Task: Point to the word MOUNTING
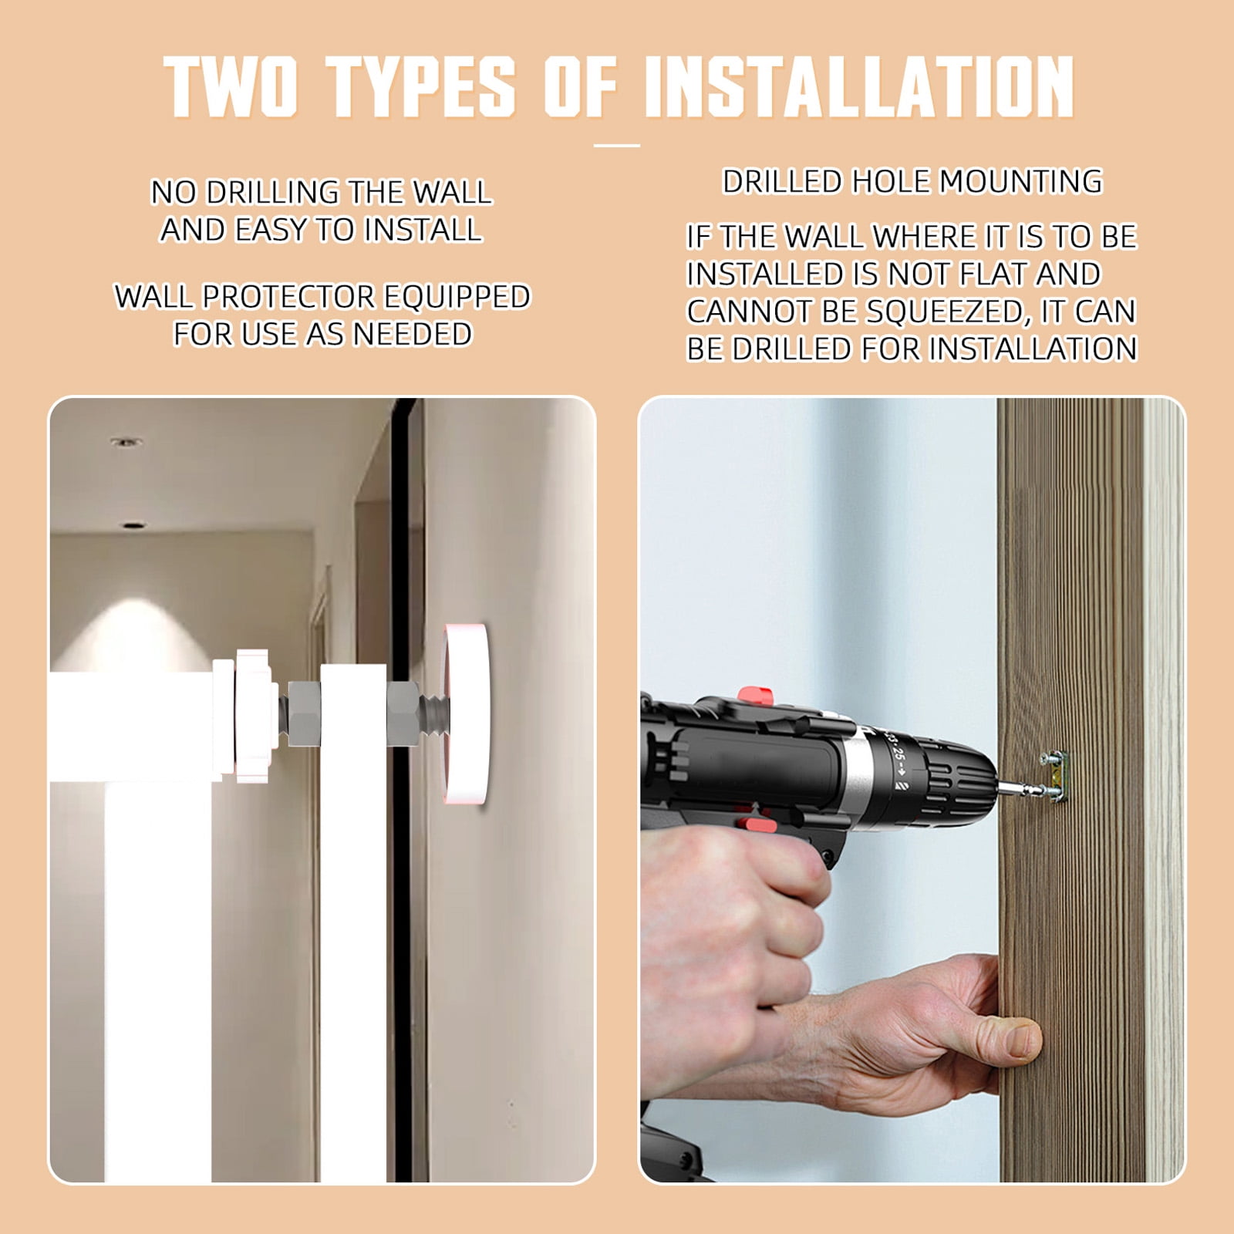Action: pos(1021,182)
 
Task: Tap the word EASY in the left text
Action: pos(271,230)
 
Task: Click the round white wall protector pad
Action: pos(466,714)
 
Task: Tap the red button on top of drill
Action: pos(755,696)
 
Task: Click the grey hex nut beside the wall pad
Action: pos(403,713)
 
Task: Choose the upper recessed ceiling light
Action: pos(126,442)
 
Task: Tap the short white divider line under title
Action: pos(617,145)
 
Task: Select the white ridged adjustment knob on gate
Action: pos(255,716)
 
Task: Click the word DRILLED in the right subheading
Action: pos(782,182)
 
